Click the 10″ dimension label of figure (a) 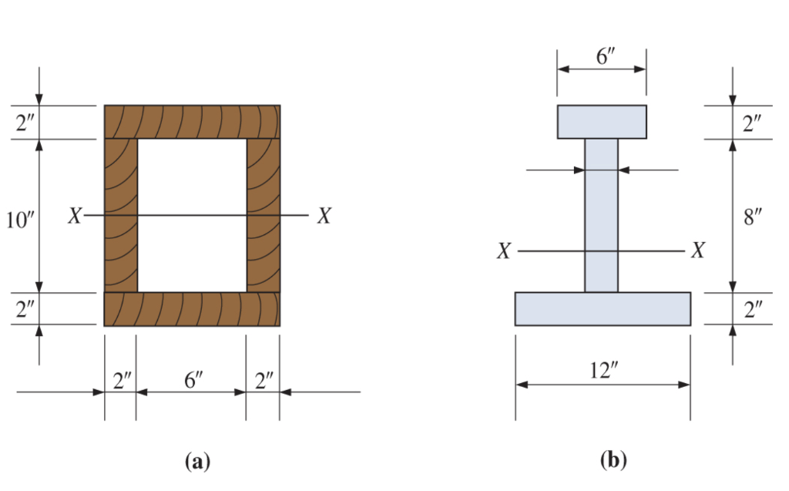point(18,218)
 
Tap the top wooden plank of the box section point(192,122)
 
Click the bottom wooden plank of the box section point(192,309)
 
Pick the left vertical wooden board point(121,216)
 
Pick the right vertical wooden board point(264,216)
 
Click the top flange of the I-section point(602,122)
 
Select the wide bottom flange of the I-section point(603,309)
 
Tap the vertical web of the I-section point(601,216)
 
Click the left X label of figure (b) point(503,252)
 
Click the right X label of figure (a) point(324,216)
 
